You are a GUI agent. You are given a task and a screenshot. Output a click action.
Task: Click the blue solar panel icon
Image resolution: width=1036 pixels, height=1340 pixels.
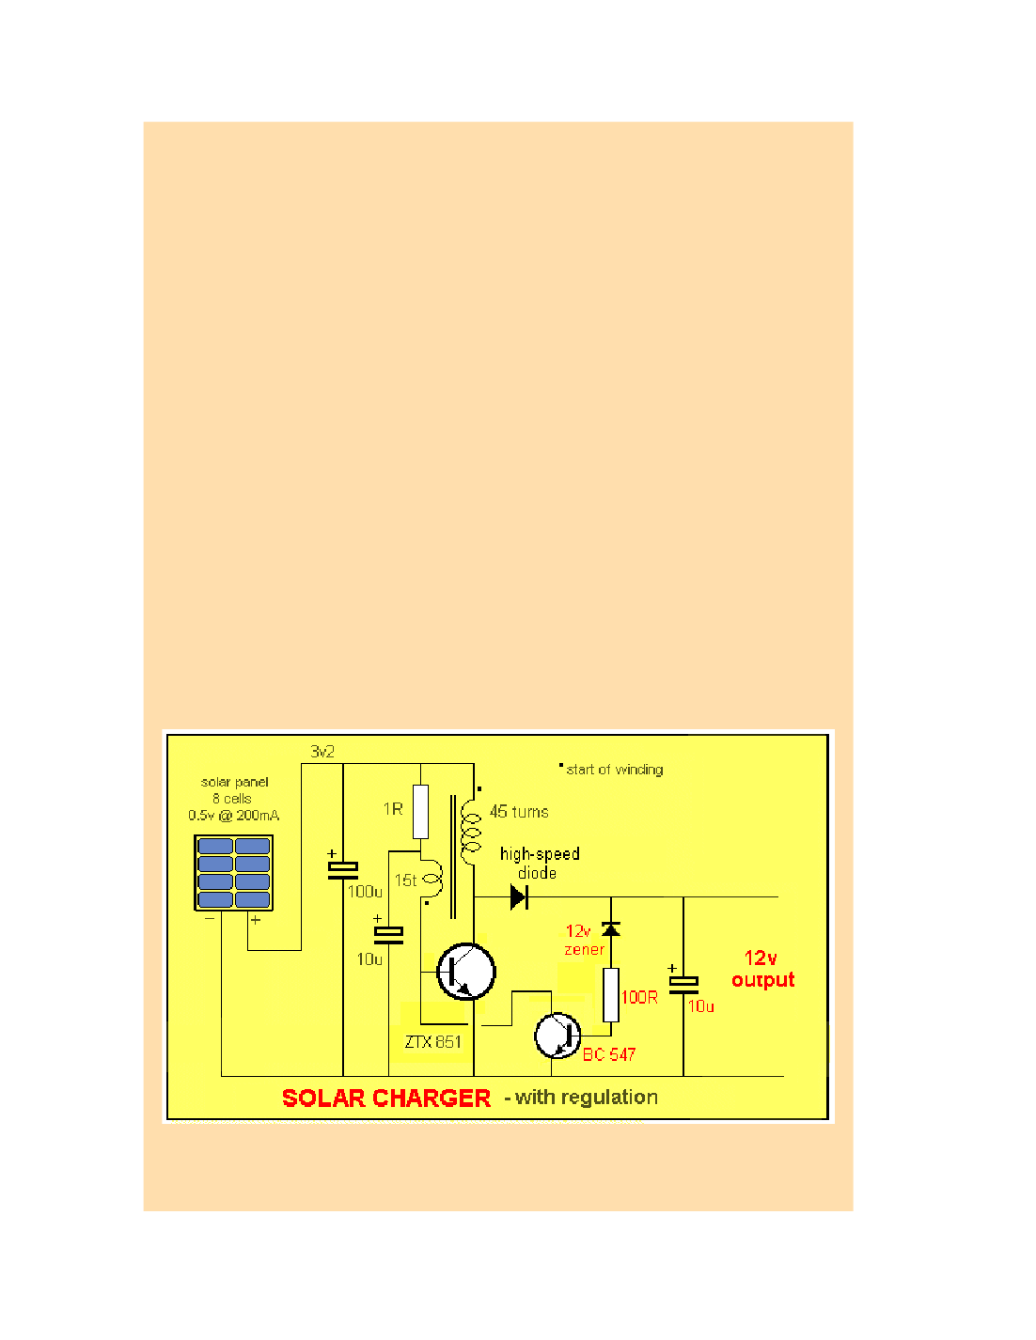click(233, 873)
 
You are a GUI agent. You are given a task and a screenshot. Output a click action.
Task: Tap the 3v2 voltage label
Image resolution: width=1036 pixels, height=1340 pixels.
click(322, 752)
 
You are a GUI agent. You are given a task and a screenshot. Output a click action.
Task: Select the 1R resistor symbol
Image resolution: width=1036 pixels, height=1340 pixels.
click(420, 811)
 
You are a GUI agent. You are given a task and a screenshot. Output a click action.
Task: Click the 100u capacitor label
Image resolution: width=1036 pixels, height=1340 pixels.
click(365, 891)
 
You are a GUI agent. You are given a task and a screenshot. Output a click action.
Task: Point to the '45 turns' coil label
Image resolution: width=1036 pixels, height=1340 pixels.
click(519, 812)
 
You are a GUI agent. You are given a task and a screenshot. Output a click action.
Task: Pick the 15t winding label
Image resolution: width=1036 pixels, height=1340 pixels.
click(405, 880)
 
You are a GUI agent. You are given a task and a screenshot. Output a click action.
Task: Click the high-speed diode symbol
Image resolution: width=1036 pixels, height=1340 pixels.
click(518, 896)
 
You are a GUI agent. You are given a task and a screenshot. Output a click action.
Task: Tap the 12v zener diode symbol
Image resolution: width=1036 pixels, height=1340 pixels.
click(611, 929)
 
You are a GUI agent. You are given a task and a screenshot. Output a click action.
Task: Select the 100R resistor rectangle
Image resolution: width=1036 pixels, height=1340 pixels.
click(611, 995)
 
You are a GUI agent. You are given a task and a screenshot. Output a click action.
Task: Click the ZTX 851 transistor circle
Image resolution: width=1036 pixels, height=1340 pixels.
click(466, 972)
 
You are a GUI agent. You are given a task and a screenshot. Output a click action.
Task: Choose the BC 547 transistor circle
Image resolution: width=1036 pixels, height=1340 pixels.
click(558, 1036)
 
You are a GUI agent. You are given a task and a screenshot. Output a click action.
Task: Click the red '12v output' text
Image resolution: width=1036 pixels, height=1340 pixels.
click(762, 969)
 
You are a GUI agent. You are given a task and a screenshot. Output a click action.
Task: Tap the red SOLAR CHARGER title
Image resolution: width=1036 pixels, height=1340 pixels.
click(385, 1098)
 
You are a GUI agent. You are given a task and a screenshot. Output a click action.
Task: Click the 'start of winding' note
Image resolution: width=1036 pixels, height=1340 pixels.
click(614, 770)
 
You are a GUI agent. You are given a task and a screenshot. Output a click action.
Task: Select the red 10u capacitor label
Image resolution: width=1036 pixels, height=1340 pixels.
click(700, 1006)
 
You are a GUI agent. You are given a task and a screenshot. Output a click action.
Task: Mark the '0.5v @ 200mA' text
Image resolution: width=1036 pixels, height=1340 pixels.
click(233, 816)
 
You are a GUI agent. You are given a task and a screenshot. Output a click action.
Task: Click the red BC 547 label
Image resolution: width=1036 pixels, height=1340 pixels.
click(609, 1054)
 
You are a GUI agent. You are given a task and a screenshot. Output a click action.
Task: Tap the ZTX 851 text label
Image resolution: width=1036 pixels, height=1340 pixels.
click(432, 1041)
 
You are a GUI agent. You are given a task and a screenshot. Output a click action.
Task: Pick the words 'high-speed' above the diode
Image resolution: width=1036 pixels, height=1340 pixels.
click(540, 854)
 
